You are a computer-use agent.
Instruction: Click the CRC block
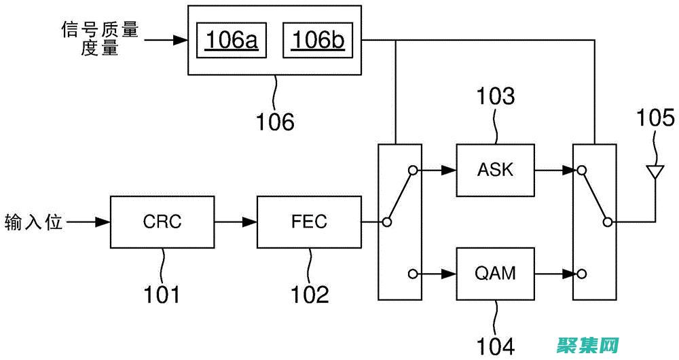[162, 221]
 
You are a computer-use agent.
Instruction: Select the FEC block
[310, 221]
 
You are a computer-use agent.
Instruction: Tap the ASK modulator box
[495, 169]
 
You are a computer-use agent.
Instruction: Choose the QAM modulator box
[495, 274]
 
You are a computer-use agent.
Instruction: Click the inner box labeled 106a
[232, 41]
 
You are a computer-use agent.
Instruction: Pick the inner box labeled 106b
[318, 41]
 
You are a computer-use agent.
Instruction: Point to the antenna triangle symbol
[655, 170]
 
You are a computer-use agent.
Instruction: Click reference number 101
[162, 294]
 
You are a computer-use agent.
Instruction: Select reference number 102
[310, 294]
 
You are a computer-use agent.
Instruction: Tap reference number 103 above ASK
[495, 97]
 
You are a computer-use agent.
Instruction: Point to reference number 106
[275, 122]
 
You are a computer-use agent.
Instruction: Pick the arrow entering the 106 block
[167, 41]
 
